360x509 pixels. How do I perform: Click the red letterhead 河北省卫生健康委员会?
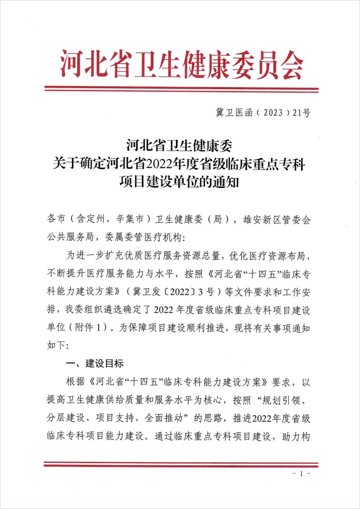click(x=180, y=64)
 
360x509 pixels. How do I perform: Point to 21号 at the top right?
click(x=302, y=113)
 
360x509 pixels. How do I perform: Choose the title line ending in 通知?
click(x=179, y=183)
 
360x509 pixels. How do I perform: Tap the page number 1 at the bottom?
click(x=302, y=472)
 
